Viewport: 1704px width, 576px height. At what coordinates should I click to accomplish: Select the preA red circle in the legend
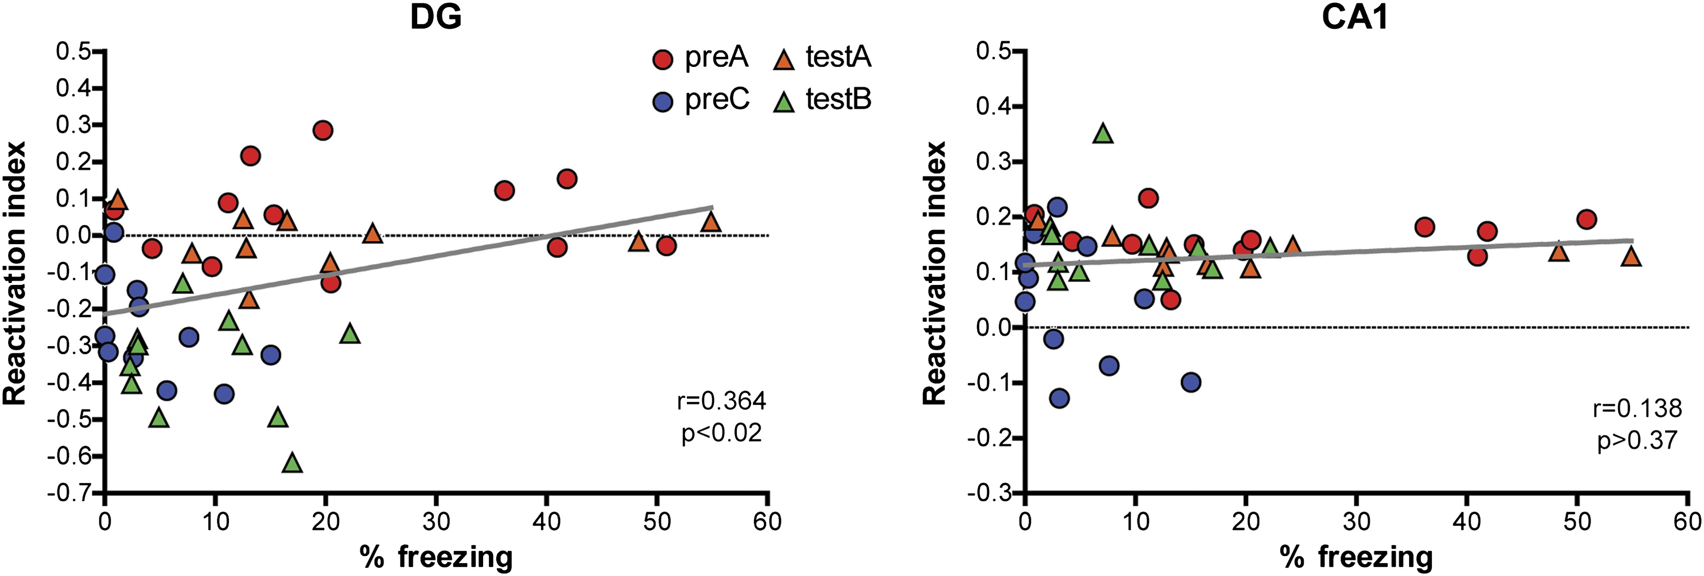click(662, 59)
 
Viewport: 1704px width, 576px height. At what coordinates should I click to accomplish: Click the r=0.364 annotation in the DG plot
click(721, 401)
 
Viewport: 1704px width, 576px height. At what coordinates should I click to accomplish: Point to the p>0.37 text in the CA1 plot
click(1637, 440)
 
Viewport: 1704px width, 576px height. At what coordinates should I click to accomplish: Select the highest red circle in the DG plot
click(323, 130)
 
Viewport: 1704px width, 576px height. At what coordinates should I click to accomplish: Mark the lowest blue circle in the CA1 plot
click(1059, 398)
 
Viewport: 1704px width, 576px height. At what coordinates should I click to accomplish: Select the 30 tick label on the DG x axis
click(436, 522)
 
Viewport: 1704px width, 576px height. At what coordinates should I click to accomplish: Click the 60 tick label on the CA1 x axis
click(1687, 522)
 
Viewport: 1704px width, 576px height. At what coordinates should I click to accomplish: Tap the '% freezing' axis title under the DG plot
click(436, 557)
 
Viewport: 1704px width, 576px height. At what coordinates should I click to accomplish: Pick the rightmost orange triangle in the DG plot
click(711, 222)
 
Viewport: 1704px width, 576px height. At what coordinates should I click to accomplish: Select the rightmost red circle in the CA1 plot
click(1586, 219)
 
